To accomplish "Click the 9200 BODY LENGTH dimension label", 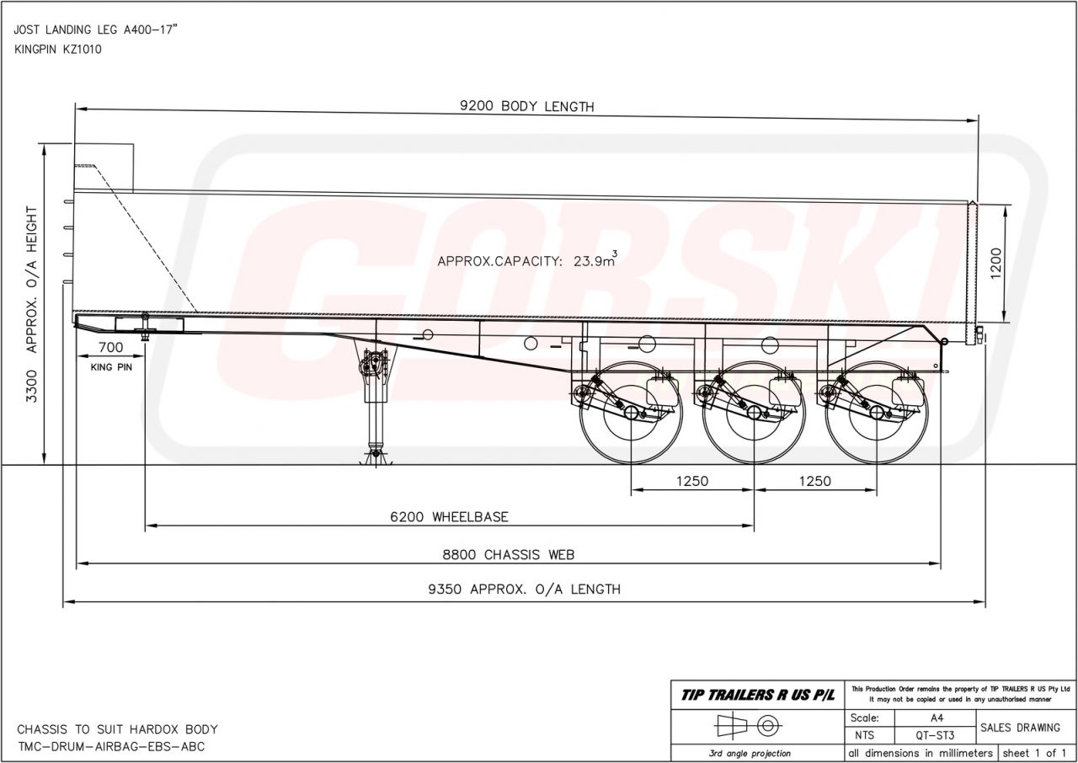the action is click(x=527, y=106).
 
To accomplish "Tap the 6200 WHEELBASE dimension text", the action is click(x=449, y=517).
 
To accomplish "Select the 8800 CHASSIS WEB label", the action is click(x=508, y=555).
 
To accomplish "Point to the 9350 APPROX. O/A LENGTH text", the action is click(x=525, y=590).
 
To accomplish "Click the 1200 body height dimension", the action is click(x=996, y=263).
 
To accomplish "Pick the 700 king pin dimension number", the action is click(x=110, y=347).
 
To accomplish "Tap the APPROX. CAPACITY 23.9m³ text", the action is click(x=527, y=259).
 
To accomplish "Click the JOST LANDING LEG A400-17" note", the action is click(x=96, y=29).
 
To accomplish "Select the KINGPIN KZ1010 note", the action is click(x=58, y=50).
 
